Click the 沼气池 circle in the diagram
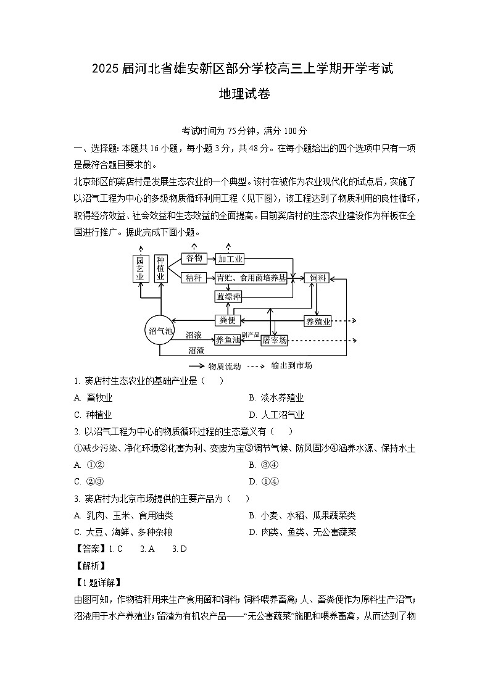pyautogui.click(x=160, y=331)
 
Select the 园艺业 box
pyautogui.click(x=140, y=269)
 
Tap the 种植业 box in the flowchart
pyautogui.click(x=160, y=268)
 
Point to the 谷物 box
pyautogui.click(x=194, y=258)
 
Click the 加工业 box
pyautogui.click(x=230, y=259)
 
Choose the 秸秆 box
pyautogui.click(x=194, y=278)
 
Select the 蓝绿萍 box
pyautogui.click(x=228, y=297)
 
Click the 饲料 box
pyautogui.click(x=317, y=278)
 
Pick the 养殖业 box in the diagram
pyautogui.click(x=318, y=321)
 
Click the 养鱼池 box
pyautogui.click(x=227, y=339)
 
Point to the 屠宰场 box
pyautogui.click(x=274, y=340)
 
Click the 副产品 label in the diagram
pyautogui.click(x=250, y=334)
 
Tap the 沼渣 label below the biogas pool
pyautogui.click(x=196, y=350)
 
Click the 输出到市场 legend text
pyautogui.click(x=292, y=365)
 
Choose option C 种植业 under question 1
pyautogui.click(x=99, y=415)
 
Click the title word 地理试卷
pyautogui.click(x=244, y=94)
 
